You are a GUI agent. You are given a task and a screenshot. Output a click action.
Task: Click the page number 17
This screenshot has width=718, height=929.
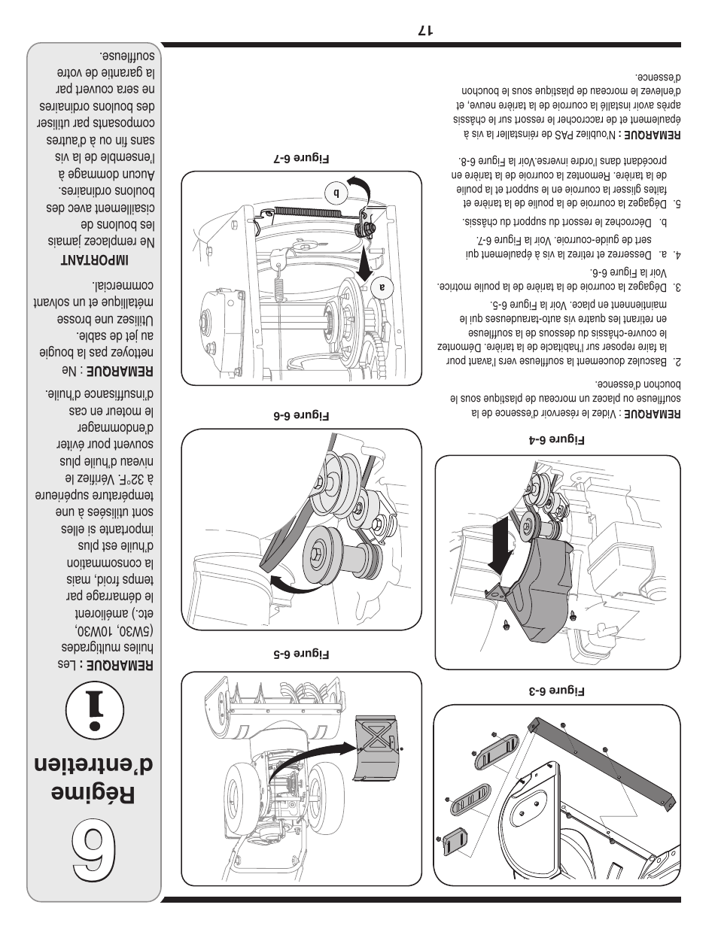coord(424,31)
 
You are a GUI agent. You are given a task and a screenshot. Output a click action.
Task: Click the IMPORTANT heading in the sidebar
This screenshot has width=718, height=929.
coord(94,260)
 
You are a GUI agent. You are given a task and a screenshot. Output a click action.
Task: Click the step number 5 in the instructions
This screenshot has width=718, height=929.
coord(677,204)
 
